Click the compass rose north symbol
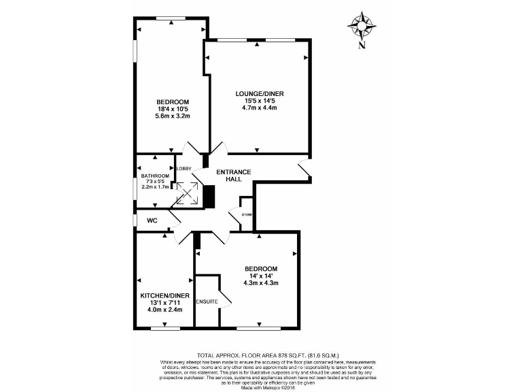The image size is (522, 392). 362,25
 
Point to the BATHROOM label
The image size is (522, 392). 154,176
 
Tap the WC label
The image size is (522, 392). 152,220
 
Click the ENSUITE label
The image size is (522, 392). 207,301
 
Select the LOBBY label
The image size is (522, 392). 184,168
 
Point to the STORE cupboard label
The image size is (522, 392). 247,215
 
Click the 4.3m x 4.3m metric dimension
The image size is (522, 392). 261,283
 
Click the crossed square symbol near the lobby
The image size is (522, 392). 188,193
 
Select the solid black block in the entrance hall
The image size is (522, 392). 209,197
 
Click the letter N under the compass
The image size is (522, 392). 362,46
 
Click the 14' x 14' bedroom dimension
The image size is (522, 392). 261,276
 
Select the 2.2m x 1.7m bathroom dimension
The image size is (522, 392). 154,186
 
